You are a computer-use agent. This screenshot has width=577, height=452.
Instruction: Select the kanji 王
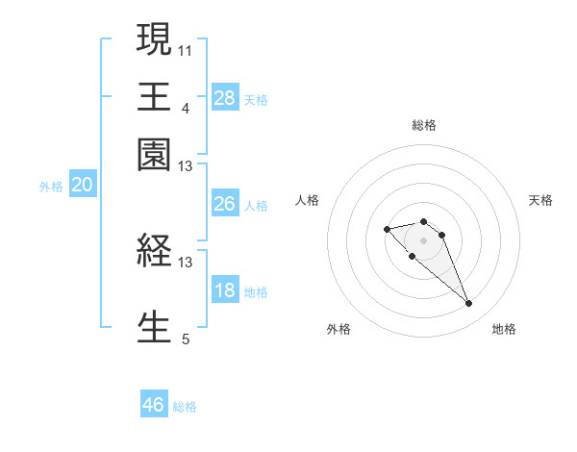[154, 95]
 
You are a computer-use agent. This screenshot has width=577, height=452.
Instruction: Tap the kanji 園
[154, 154]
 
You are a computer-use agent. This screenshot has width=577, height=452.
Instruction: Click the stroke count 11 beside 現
[186, 49]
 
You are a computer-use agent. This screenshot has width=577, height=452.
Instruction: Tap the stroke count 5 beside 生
[186, 339]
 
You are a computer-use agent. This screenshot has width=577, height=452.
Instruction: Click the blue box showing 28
[225, 98]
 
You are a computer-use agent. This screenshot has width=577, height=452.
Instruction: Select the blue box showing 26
[225, 204]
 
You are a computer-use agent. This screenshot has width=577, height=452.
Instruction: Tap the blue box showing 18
[225, 291]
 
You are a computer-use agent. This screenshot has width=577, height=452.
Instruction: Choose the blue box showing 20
[82, 187]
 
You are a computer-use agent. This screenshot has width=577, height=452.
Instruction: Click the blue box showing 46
[154, 405]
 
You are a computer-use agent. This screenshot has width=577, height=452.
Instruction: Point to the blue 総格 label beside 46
[185, 407]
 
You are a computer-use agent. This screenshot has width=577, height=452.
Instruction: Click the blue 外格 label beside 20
[51, 188]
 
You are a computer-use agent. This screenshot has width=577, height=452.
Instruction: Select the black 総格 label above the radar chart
[423, 125]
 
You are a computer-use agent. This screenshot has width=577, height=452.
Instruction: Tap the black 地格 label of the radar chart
[504, 330]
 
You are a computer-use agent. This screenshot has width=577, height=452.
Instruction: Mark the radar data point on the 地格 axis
[468, 304]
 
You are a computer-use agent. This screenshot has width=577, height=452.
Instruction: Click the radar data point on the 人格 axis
[387, 229]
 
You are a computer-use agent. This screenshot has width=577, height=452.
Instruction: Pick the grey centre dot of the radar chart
[423, 240]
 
